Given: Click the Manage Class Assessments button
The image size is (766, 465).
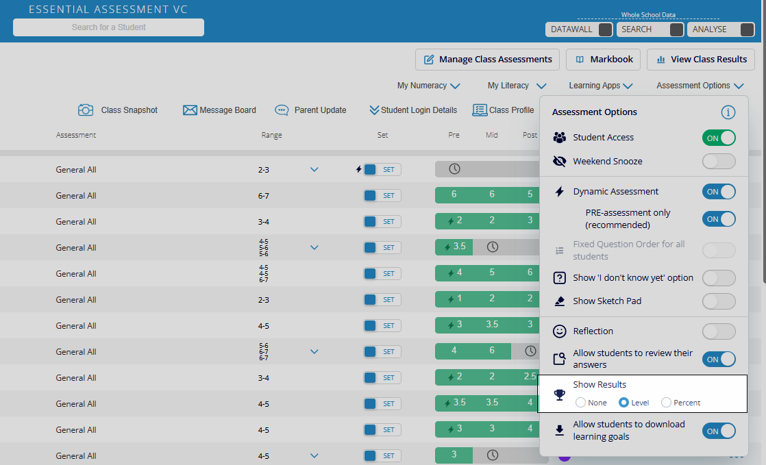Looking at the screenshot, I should tap(487, 60).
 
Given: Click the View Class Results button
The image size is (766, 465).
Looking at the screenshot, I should tap(700, 60).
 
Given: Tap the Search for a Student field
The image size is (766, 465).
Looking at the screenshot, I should tap(108, 27).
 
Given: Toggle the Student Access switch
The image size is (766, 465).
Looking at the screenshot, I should tap(718, 138).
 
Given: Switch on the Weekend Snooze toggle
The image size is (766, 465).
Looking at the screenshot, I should tap(718, 162).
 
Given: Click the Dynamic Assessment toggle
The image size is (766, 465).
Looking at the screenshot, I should tap(718, 192).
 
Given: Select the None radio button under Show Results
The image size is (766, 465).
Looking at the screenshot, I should tap(581, 403).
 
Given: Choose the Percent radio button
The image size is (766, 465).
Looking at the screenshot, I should tap(666, 403).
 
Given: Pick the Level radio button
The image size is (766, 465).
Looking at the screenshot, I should tap(623, 403).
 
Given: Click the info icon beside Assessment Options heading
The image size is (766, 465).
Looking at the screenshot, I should tap(728, 112).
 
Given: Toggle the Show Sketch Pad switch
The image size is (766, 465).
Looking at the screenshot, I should tap(718, 301).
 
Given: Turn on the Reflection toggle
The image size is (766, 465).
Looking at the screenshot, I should tap(718, 331).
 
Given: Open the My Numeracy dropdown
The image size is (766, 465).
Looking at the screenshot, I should tap(428, 86).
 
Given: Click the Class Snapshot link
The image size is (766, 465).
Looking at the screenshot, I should tap(118, 110).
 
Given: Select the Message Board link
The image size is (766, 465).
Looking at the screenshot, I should tap(219, 110).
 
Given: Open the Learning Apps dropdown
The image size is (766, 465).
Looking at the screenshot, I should tap(600, 86).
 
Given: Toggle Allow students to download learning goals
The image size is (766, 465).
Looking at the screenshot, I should tap(718, 431).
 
